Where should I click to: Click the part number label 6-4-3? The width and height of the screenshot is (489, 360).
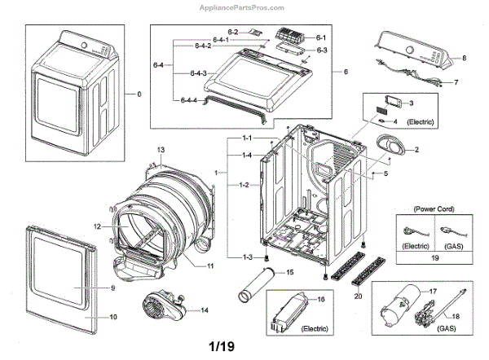coord(198,73)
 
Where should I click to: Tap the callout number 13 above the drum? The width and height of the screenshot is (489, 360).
coord(161,150)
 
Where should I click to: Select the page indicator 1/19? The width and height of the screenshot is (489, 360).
coord(222,346)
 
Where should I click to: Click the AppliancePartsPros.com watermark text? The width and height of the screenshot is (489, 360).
coord(242,8)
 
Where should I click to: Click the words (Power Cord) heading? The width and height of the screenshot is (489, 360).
coord(434,209)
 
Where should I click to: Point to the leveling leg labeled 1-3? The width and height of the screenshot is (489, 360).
coord(267,258)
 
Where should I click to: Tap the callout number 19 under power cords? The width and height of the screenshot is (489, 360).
coord(434,257)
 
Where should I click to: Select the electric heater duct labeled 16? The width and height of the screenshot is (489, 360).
coord(289,313)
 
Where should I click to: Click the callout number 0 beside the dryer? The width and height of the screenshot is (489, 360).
coord(139,94)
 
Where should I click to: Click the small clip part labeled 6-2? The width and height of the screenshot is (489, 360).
coord(255,32)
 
